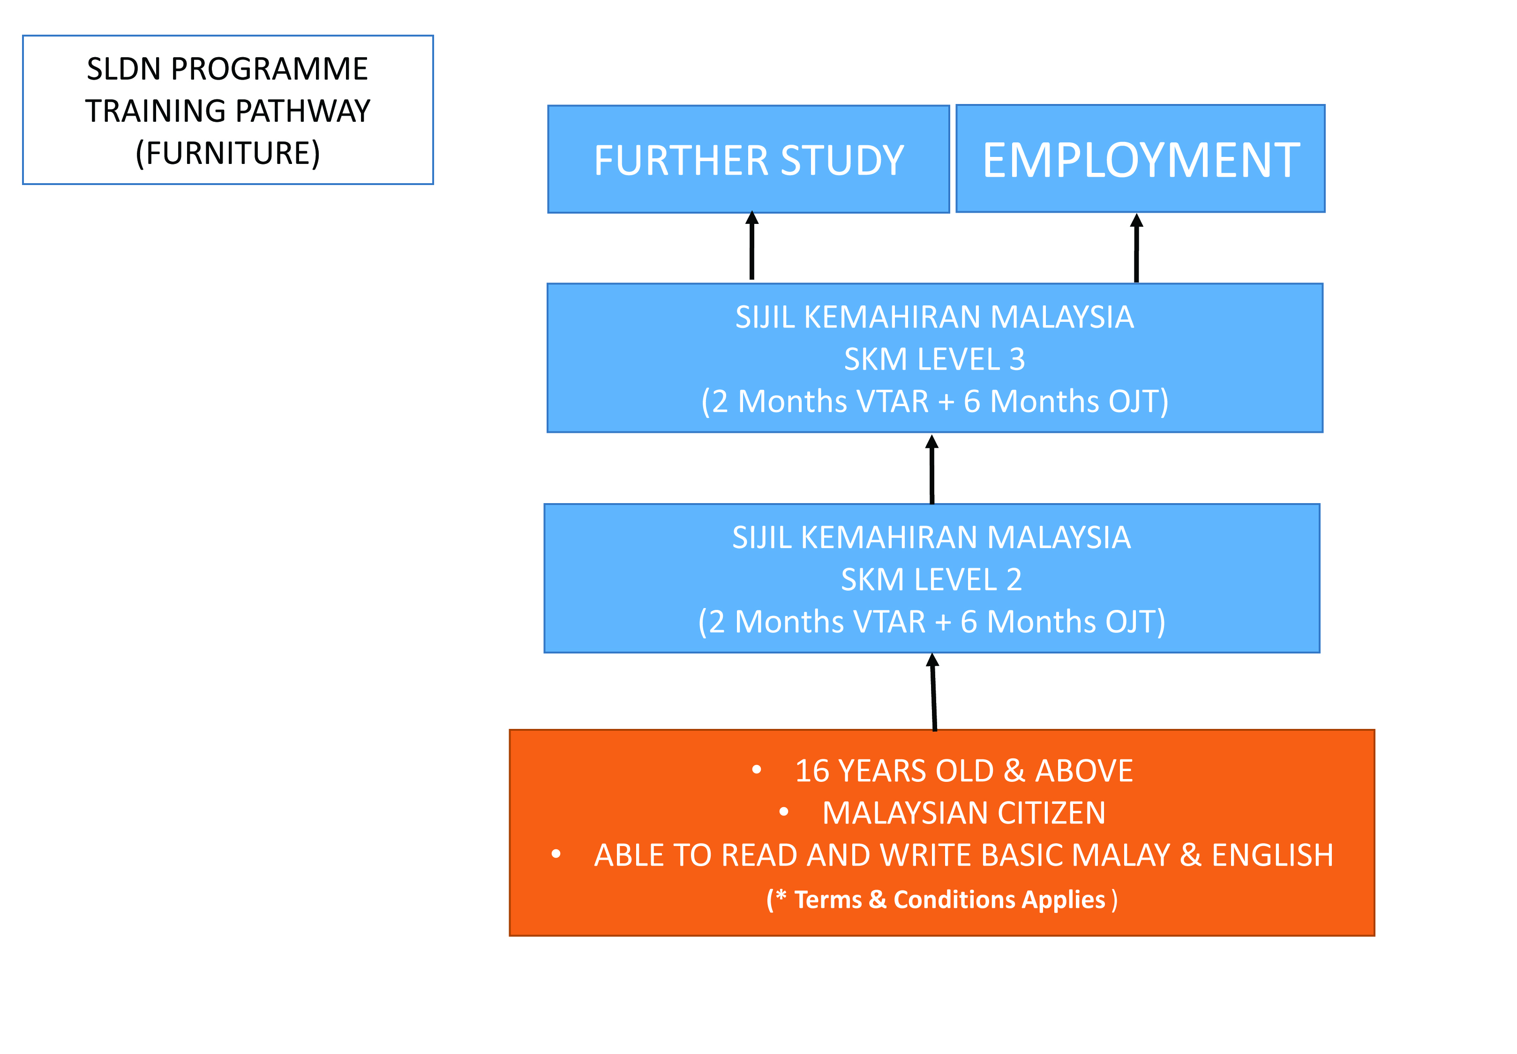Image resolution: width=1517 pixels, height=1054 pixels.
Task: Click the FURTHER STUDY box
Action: [x=749, y=159]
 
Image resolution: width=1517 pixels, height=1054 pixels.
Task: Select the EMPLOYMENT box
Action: [x=1141, y=158]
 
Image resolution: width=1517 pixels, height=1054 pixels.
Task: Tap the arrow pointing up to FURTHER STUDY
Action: [x=752, y=245]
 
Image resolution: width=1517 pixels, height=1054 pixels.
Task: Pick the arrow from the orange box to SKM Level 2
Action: [x=933, y=692]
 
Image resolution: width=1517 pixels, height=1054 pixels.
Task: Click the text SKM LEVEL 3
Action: [x=934, y=360]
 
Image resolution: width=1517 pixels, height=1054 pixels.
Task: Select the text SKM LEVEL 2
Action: [x=931, y=580]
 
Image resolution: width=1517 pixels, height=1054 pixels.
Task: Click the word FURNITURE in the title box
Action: [x=228, y=153]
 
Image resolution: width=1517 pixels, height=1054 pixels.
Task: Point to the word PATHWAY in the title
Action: [x=308, y=111]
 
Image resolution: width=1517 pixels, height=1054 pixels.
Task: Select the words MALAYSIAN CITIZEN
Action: [x=964, y=813]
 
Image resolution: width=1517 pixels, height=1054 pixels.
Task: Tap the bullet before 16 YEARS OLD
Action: [x=757, y=769]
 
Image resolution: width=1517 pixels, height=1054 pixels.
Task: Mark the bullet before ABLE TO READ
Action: [x=556, y=854]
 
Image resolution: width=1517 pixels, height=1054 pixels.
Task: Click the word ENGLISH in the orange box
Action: [x=1273, y=856]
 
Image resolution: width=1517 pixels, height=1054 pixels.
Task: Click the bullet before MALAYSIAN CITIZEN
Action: [x=784, y=812]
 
